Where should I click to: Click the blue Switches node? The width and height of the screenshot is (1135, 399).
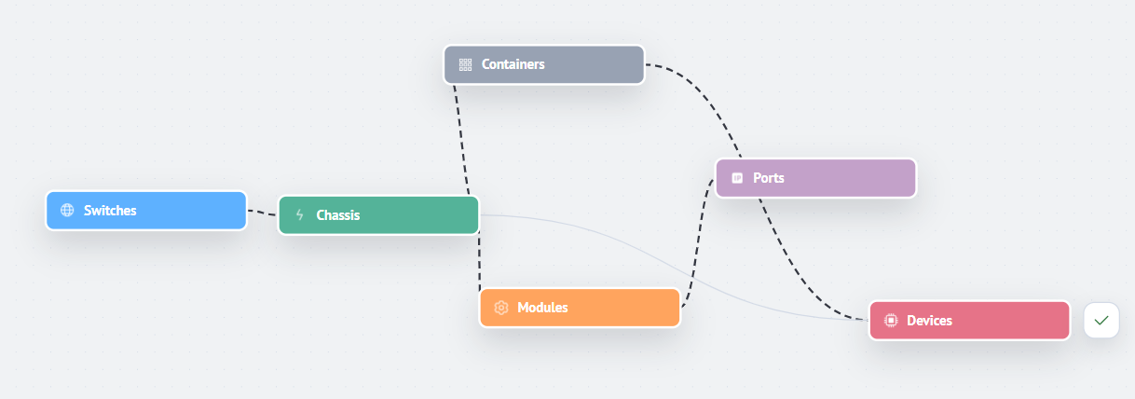pos(146,211)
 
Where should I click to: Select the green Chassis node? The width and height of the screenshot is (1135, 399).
pos(378,215)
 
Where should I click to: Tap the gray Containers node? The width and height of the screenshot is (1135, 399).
pos(544,64)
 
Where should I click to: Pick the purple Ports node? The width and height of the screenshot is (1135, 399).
pos(815,178)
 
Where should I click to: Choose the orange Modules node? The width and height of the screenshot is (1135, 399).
pos(580,308)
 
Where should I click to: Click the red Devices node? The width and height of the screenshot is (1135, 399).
pos(969,321)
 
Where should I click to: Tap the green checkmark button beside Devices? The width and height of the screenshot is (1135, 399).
pos(1101,321)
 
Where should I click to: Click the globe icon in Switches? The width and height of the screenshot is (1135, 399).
pos(67,210)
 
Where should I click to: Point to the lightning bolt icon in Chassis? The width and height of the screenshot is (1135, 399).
pos(299,214)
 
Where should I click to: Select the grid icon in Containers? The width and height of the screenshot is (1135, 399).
pos(465,64)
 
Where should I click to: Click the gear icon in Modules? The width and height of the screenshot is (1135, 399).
pos(501,308)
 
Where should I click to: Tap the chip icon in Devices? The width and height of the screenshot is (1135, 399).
pos(891,321)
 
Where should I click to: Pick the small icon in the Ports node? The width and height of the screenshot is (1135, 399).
pos(737,178)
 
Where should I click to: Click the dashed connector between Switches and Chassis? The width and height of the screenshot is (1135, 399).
pos(263,213)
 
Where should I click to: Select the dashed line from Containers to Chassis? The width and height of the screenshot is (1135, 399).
pos(461,141)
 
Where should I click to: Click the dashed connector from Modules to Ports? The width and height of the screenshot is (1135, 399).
pos(698,243)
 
